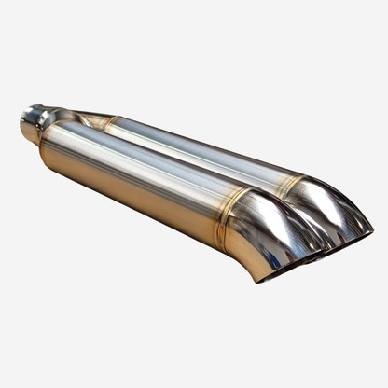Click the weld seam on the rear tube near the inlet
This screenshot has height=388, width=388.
[110, 122]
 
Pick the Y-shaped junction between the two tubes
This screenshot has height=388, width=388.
[75, 118]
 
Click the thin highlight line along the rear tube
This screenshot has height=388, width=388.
[205, 140]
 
